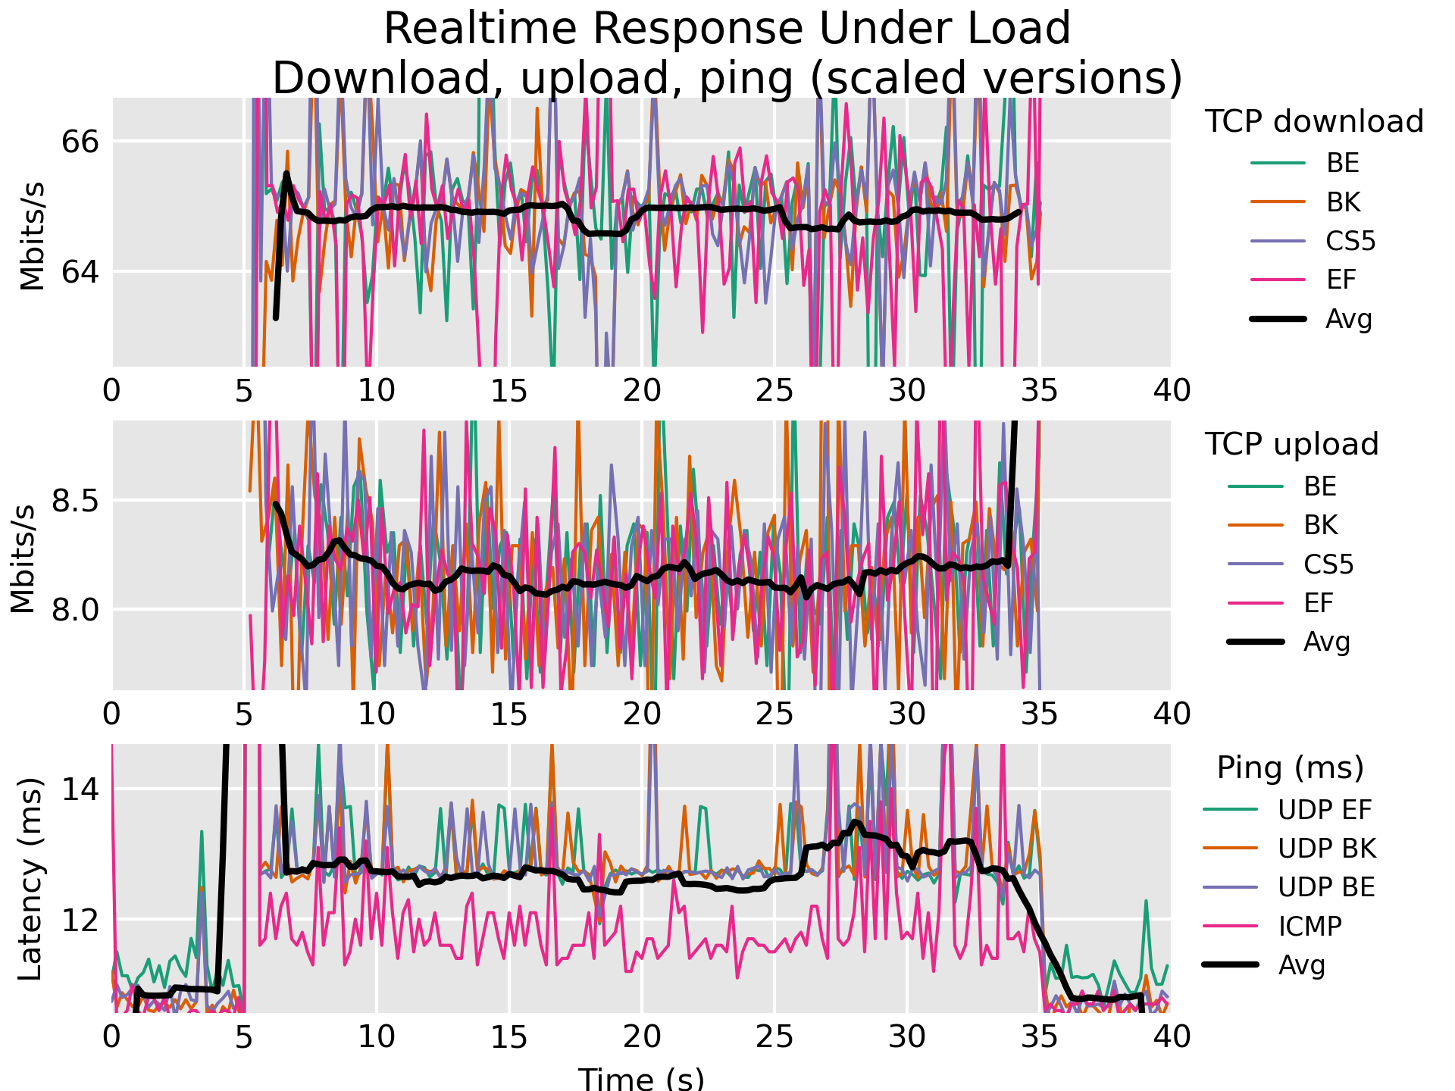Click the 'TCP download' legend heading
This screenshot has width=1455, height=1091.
pos(1314,122)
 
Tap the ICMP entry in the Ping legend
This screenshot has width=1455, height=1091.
pos(1309,926)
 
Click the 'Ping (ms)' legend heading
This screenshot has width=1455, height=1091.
pos(1290,768)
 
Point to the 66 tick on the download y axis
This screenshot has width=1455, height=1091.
pos(78,142)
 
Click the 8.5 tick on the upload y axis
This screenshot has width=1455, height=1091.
pos(72,502)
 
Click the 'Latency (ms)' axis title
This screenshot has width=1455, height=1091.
pos(30,879)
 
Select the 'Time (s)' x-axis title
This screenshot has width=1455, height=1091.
pos(641,1077)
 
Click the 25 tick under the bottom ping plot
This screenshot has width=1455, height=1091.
pos(774,1036)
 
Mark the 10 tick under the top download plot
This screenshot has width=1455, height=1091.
pos(377,391)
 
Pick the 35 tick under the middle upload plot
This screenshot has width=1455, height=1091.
pos(1039,714)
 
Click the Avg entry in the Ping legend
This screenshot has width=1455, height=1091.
pos(1302,965)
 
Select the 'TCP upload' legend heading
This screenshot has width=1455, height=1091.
pos(1291,445)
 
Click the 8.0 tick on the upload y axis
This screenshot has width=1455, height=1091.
pos(72,610)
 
